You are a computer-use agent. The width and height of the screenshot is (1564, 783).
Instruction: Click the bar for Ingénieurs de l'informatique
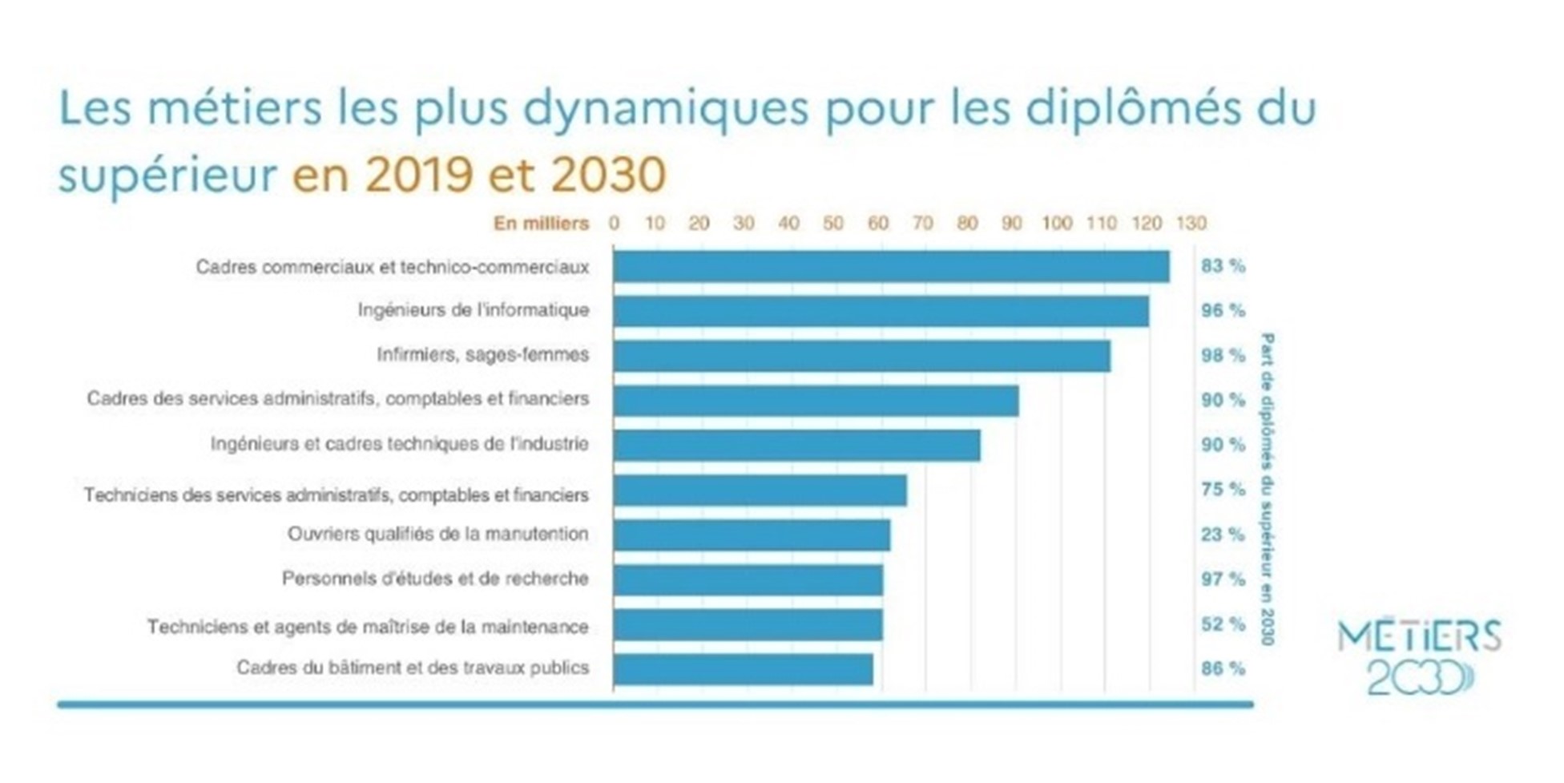pos(881,311)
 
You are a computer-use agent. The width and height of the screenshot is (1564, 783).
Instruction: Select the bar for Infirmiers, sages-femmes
pos(861,356)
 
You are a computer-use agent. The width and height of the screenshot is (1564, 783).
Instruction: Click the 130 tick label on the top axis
pos(1191,223)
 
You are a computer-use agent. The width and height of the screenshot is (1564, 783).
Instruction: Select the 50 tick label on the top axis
pos(833,223)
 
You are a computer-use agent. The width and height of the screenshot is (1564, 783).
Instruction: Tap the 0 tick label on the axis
pos(614,223)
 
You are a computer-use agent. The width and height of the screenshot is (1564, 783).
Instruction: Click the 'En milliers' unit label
pos(541,223)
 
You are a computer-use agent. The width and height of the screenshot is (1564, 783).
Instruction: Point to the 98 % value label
pos(1223,355)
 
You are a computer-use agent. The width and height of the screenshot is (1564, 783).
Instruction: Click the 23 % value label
pos(1223,534)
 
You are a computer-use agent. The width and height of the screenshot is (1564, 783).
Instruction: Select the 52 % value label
pos(1223,624)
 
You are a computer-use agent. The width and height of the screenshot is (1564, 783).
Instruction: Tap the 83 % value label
pos(1223,265)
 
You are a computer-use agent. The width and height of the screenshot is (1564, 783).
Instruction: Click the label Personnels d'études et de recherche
pos(435,579)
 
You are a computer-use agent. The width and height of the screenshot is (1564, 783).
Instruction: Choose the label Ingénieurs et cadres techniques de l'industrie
pos(399,444)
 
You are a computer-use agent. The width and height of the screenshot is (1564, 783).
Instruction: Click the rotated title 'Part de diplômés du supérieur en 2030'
pos(1267,489)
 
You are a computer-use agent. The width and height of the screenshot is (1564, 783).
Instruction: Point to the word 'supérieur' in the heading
pos(167,175)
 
